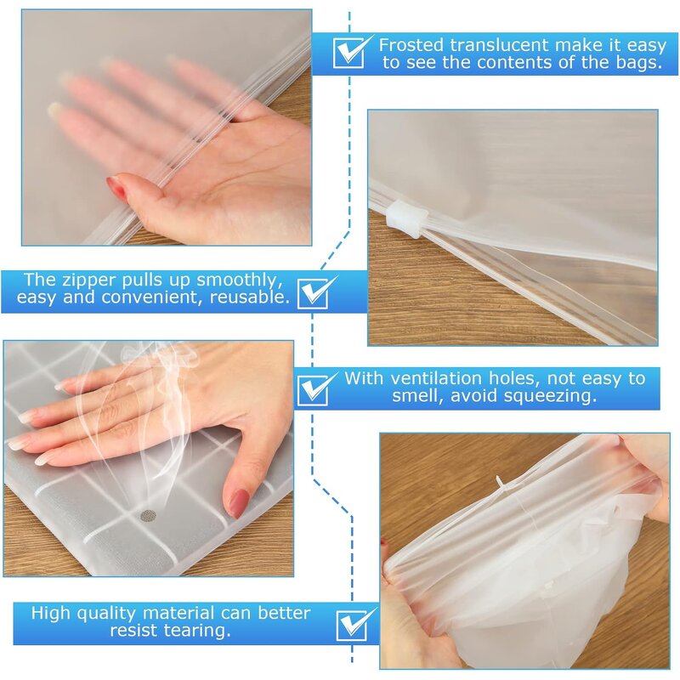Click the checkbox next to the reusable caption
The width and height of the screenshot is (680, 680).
click(317, 290)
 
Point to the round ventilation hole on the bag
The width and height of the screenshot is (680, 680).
click(148, 515)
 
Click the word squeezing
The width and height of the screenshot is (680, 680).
click(557, 396)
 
